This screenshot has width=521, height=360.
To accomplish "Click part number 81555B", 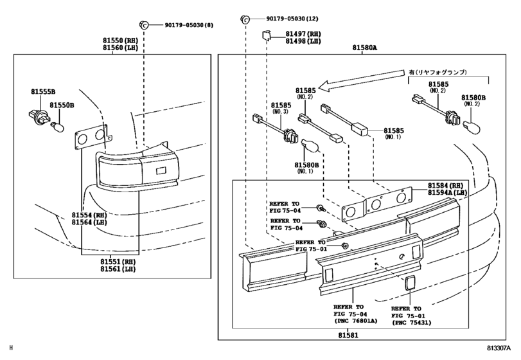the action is (43, 91).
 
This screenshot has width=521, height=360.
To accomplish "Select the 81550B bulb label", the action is (62, 105).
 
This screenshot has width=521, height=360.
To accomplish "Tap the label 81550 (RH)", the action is (120, 40).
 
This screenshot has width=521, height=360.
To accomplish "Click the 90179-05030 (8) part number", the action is (189, 25).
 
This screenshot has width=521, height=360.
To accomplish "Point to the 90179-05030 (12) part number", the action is (292, 19).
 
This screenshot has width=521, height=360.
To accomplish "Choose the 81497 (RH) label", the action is (303, 34).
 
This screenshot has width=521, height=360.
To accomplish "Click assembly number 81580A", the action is (365, 48).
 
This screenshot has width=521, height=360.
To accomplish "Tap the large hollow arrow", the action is (364, 80).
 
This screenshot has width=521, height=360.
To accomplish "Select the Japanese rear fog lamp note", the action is (437, 72).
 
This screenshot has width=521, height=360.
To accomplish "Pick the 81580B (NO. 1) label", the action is (306, 168).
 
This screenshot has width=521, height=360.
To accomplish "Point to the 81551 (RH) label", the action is (118, 262).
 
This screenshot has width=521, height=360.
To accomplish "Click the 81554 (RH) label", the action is (89, 215).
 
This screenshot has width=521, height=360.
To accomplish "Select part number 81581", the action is (348, 336).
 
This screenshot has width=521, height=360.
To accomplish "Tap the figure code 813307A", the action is (499, 348).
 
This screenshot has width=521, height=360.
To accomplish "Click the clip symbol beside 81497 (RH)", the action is (267, 35).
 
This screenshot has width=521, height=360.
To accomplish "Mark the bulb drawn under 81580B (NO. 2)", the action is (472, 127).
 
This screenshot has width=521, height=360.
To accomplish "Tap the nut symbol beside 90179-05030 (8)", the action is (144, 24).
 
